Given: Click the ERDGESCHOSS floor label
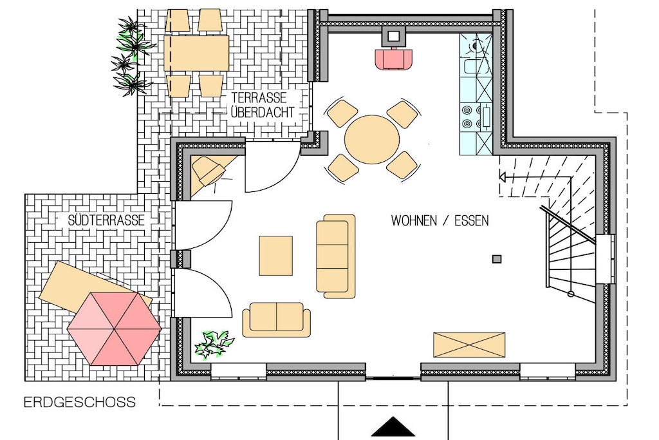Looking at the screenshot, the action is tap(80, 403).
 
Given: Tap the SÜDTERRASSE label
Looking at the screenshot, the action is tap(106, 220).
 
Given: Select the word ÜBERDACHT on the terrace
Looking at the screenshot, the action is tap(263, 113).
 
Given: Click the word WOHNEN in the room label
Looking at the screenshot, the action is tap(414, 220).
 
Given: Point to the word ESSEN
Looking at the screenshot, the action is tap(472, 220).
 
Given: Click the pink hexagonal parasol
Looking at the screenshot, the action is tap(115, 329).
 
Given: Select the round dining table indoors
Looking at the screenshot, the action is tap(372, 140).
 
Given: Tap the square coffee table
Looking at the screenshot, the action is tap(275, 256).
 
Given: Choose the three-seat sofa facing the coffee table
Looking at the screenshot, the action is tap(336, 256).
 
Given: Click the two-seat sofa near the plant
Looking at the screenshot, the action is tap(277, 320).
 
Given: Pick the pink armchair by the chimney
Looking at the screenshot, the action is tap(393, 59).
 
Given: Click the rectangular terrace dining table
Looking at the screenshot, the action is tap(196, 53).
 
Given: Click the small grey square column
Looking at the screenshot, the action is tap(497, 259).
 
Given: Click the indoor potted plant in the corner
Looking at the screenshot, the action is tap(212, 345).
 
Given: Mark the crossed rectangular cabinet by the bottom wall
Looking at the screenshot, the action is tap(469, 345).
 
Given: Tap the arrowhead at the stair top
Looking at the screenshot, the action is tap(502, 177).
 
